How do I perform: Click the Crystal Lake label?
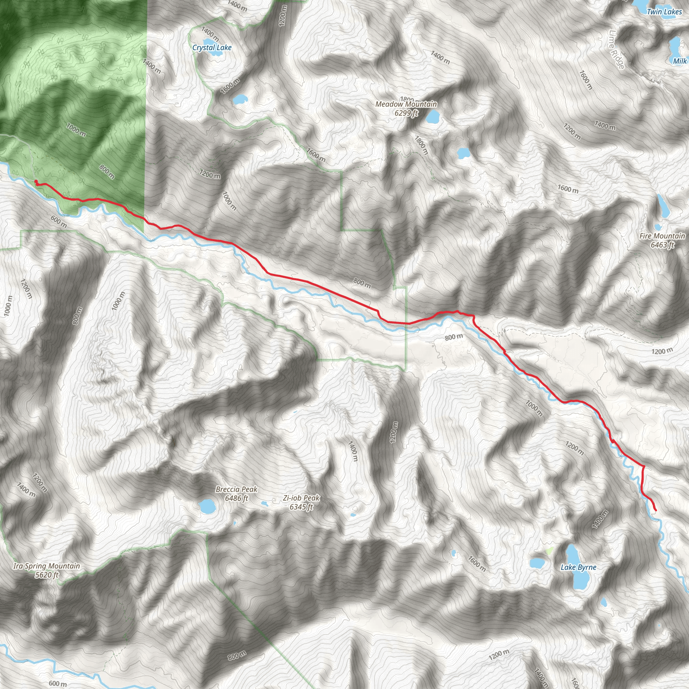coord(212,47)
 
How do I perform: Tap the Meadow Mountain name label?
coord(406,104)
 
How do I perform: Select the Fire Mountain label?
coord(662,236)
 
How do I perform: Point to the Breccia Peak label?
coord(237,489)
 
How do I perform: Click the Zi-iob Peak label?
coord(301,498)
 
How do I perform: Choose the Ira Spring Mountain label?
coord(46,566)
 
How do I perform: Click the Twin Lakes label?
coord(664,12)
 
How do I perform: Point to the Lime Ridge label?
coord(617,49)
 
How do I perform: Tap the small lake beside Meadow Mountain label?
coord(432,117)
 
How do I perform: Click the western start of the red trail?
coord(36,182)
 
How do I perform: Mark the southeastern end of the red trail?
coord(655,510)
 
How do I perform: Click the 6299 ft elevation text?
coord(406,113)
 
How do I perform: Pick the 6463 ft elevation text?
coord(662,245)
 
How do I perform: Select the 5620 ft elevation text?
coord(47,575)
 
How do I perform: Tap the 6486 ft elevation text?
coord(237,498)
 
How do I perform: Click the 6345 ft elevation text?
coord(301,507)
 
